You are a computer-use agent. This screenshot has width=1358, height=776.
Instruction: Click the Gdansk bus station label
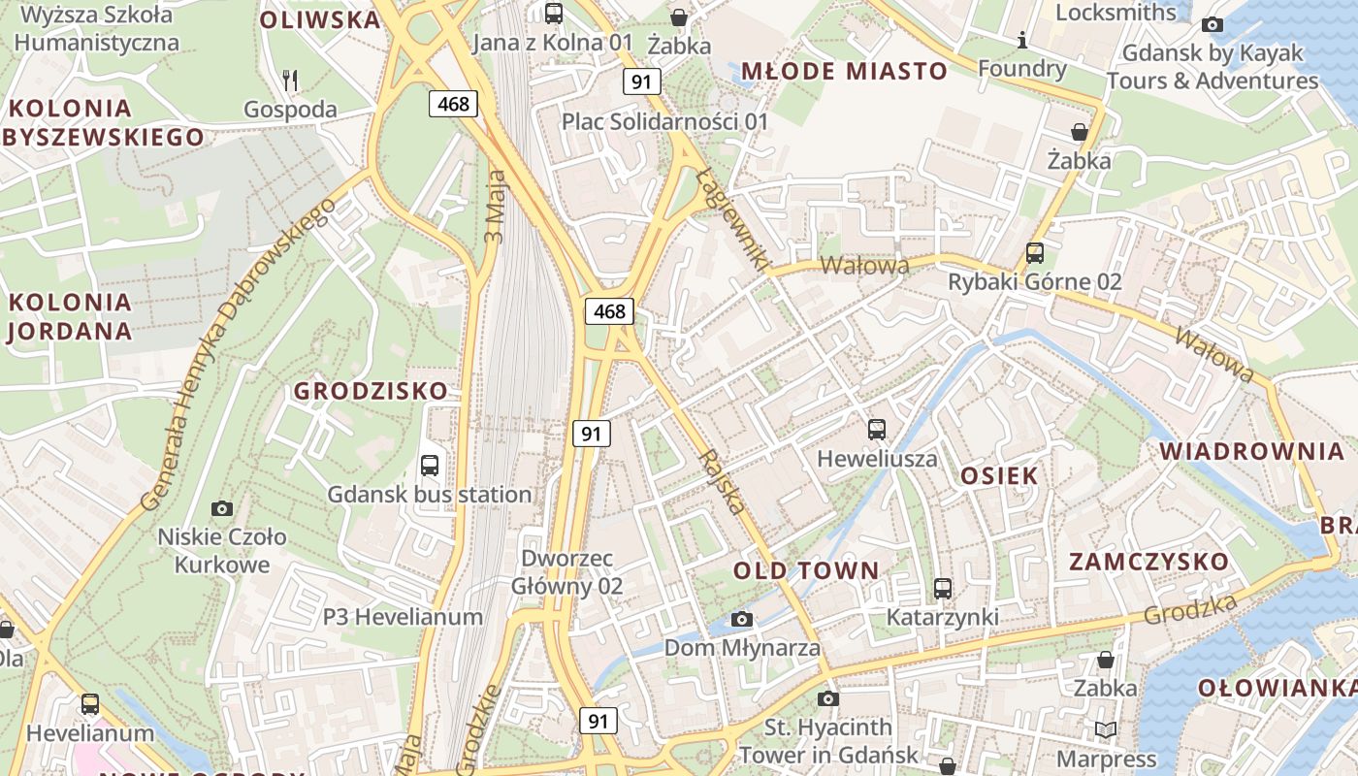pyautogui.click(x=429, y=495)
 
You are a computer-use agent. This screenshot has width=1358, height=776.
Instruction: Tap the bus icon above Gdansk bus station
pyautogui.click(x=430, y=466)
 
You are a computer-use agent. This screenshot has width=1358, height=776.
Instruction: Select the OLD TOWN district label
pyautogui.click(x=806, y=570)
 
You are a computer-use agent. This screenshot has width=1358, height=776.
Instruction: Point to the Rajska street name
pyautogui.click(x=723, y=482)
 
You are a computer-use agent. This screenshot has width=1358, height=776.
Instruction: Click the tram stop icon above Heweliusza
pyautogui.click(x=877, y=429)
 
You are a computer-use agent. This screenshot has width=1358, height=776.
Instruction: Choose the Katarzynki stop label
pyautogui.click(x=942, y=617)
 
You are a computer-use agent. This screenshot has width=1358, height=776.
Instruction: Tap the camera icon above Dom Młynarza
pyautogui.click(x=742, y=619)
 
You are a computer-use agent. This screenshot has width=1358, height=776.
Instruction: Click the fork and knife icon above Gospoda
pyautogui.click(x=289, y=80)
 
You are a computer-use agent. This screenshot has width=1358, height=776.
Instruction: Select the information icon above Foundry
pyautogui.click(x=1021, y=40)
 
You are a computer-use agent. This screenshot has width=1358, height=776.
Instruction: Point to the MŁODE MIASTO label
pyautogui.click(x=844, y=71)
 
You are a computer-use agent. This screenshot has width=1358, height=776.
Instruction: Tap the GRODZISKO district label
pyautogui.click(x=371, y=391)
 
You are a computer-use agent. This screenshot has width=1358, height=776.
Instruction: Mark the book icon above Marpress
pyautogui.click(x=1105, y=729)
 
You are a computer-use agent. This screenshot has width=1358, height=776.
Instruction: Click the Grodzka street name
pyautogui.click(x=1190, y=609)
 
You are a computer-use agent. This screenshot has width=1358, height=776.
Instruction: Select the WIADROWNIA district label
pyautogui.click(x=1251, y=451)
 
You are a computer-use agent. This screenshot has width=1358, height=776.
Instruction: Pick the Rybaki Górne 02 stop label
pyautogui.click(x=1034, y=282)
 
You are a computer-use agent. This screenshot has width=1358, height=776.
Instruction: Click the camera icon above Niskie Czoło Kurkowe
pyautogui.click(x=222, y=508)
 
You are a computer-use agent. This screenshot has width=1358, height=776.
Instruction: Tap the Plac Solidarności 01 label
pyautogui.click(x=664, y=121)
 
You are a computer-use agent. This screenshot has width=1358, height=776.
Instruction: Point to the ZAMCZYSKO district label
pyautogui.click(x=1148, y=562)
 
